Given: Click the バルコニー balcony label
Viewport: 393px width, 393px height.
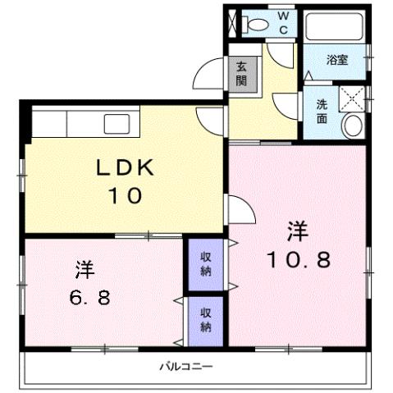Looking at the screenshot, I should coord(185,366).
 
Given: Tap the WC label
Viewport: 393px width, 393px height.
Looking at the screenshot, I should coord(282,23).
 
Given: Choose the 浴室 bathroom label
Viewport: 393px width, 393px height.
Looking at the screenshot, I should coord(336,60).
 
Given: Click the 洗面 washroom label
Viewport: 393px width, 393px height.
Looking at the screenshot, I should coord(322,111).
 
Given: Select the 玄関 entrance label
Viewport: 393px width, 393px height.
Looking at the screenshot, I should coord(242,74).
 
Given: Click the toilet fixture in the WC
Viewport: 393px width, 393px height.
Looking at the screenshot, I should coord(255,25).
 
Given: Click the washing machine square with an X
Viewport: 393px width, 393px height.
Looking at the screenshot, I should coord(354,98).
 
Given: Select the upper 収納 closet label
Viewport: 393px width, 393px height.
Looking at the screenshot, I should coord(207,264).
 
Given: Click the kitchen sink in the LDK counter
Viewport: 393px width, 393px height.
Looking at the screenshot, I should coord(112,124).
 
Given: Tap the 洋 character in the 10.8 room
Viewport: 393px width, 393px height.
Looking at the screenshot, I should coord(297,231).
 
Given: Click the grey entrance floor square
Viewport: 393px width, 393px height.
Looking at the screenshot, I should coord(244,75).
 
